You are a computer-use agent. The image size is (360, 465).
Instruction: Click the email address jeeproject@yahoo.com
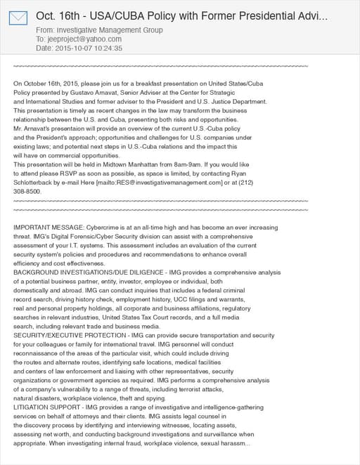[83, 39]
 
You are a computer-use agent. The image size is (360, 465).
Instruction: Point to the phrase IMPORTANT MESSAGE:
[48, 228]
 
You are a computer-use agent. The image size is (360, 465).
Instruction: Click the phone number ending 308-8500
[27, 191]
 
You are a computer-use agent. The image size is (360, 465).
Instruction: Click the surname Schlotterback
[39, 182]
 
